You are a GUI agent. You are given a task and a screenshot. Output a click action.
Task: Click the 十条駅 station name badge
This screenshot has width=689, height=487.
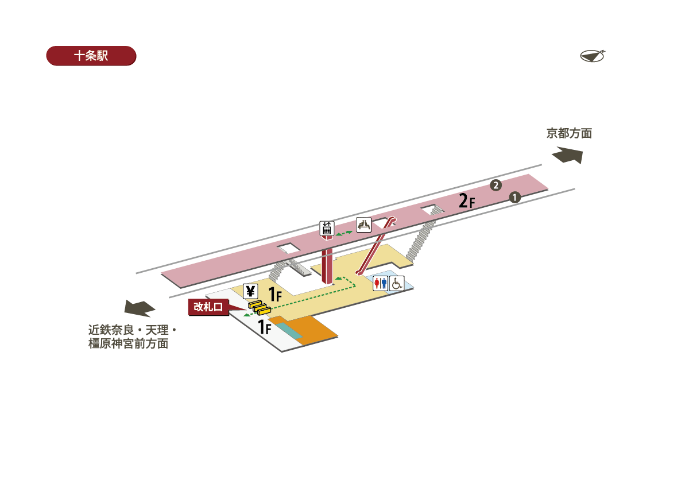tap(91, 56)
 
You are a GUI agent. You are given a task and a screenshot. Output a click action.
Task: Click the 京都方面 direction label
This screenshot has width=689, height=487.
tap(568, 134)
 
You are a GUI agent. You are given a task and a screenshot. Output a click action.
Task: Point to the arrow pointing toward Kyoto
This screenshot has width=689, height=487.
tap(567, 156)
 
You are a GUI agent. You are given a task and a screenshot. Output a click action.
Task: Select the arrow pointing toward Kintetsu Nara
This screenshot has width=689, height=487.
tap(140, 308)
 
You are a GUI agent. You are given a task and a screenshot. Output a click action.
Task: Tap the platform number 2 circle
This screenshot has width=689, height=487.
tap(496, 185)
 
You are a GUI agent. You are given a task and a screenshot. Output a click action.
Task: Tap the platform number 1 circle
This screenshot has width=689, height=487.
tap(515, 197)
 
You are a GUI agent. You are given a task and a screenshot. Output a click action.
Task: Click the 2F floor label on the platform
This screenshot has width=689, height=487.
tap(467, 201)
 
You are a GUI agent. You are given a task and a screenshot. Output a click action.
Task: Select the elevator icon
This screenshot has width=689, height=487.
tap(327, 228)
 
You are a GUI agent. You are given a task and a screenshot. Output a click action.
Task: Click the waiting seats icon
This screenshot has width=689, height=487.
tap(364, 225)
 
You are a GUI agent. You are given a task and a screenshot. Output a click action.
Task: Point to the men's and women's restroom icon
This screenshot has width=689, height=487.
tap(381, 283)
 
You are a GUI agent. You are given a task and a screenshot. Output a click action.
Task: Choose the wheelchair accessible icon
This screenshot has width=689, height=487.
tap(397, 283)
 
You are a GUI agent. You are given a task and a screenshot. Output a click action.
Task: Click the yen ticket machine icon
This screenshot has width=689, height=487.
tap(250, 291)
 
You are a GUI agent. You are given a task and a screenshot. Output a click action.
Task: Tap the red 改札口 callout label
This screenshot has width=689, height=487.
tap(208, 307)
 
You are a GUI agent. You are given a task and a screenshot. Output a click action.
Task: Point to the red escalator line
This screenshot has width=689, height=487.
tap(376, 245)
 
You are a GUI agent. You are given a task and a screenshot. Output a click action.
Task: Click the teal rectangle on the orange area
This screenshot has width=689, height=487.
tap(289, 330)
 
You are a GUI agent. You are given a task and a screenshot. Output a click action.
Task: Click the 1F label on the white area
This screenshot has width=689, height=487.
tap(264, 328)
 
